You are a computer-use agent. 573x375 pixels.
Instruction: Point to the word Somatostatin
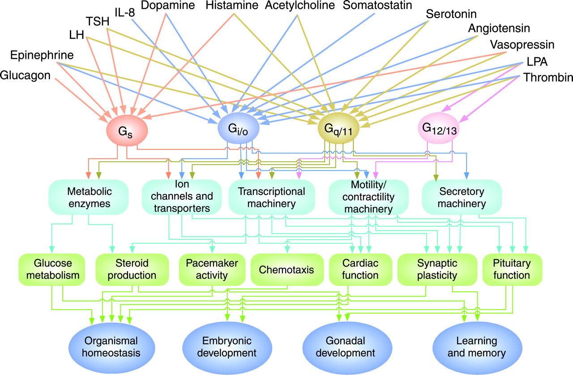(x=375, y=6)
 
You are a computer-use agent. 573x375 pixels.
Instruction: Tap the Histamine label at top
(x=232, y=6)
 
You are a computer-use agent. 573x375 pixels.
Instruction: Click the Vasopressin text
(x=522, y=45)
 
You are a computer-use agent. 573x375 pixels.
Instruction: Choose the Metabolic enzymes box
(x=89, y=198)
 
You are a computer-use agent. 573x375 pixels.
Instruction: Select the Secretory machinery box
(x=461, y=198)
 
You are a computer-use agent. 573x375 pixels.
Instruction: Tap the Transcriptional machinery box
(x=272, y=198)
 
